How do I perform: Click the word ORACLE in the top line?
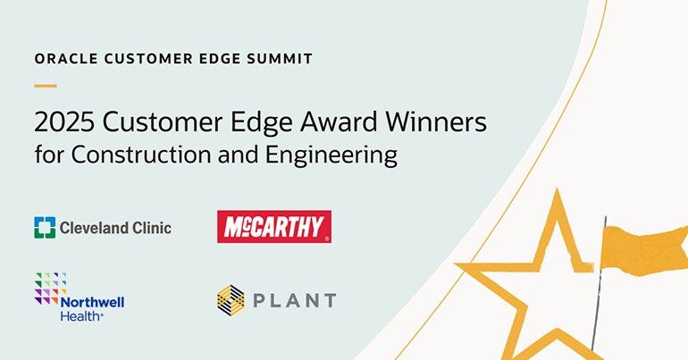(63, 59)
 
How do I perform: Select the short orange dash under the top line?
(45, 86)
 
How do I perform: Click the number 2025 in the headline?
(61, 121)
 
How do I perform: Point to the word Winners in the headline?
(437, 121)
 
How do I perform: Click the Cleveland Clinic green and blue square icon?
(45, 227)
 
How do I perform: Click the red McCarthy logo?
(274, 227)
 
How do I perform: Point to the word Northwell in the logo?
(92, 301)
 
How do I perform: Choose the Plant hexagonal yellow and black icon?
(231, 299)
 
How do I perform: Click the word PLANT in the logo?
(296, 300)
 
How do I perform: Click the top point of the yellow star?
(556, 195)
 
